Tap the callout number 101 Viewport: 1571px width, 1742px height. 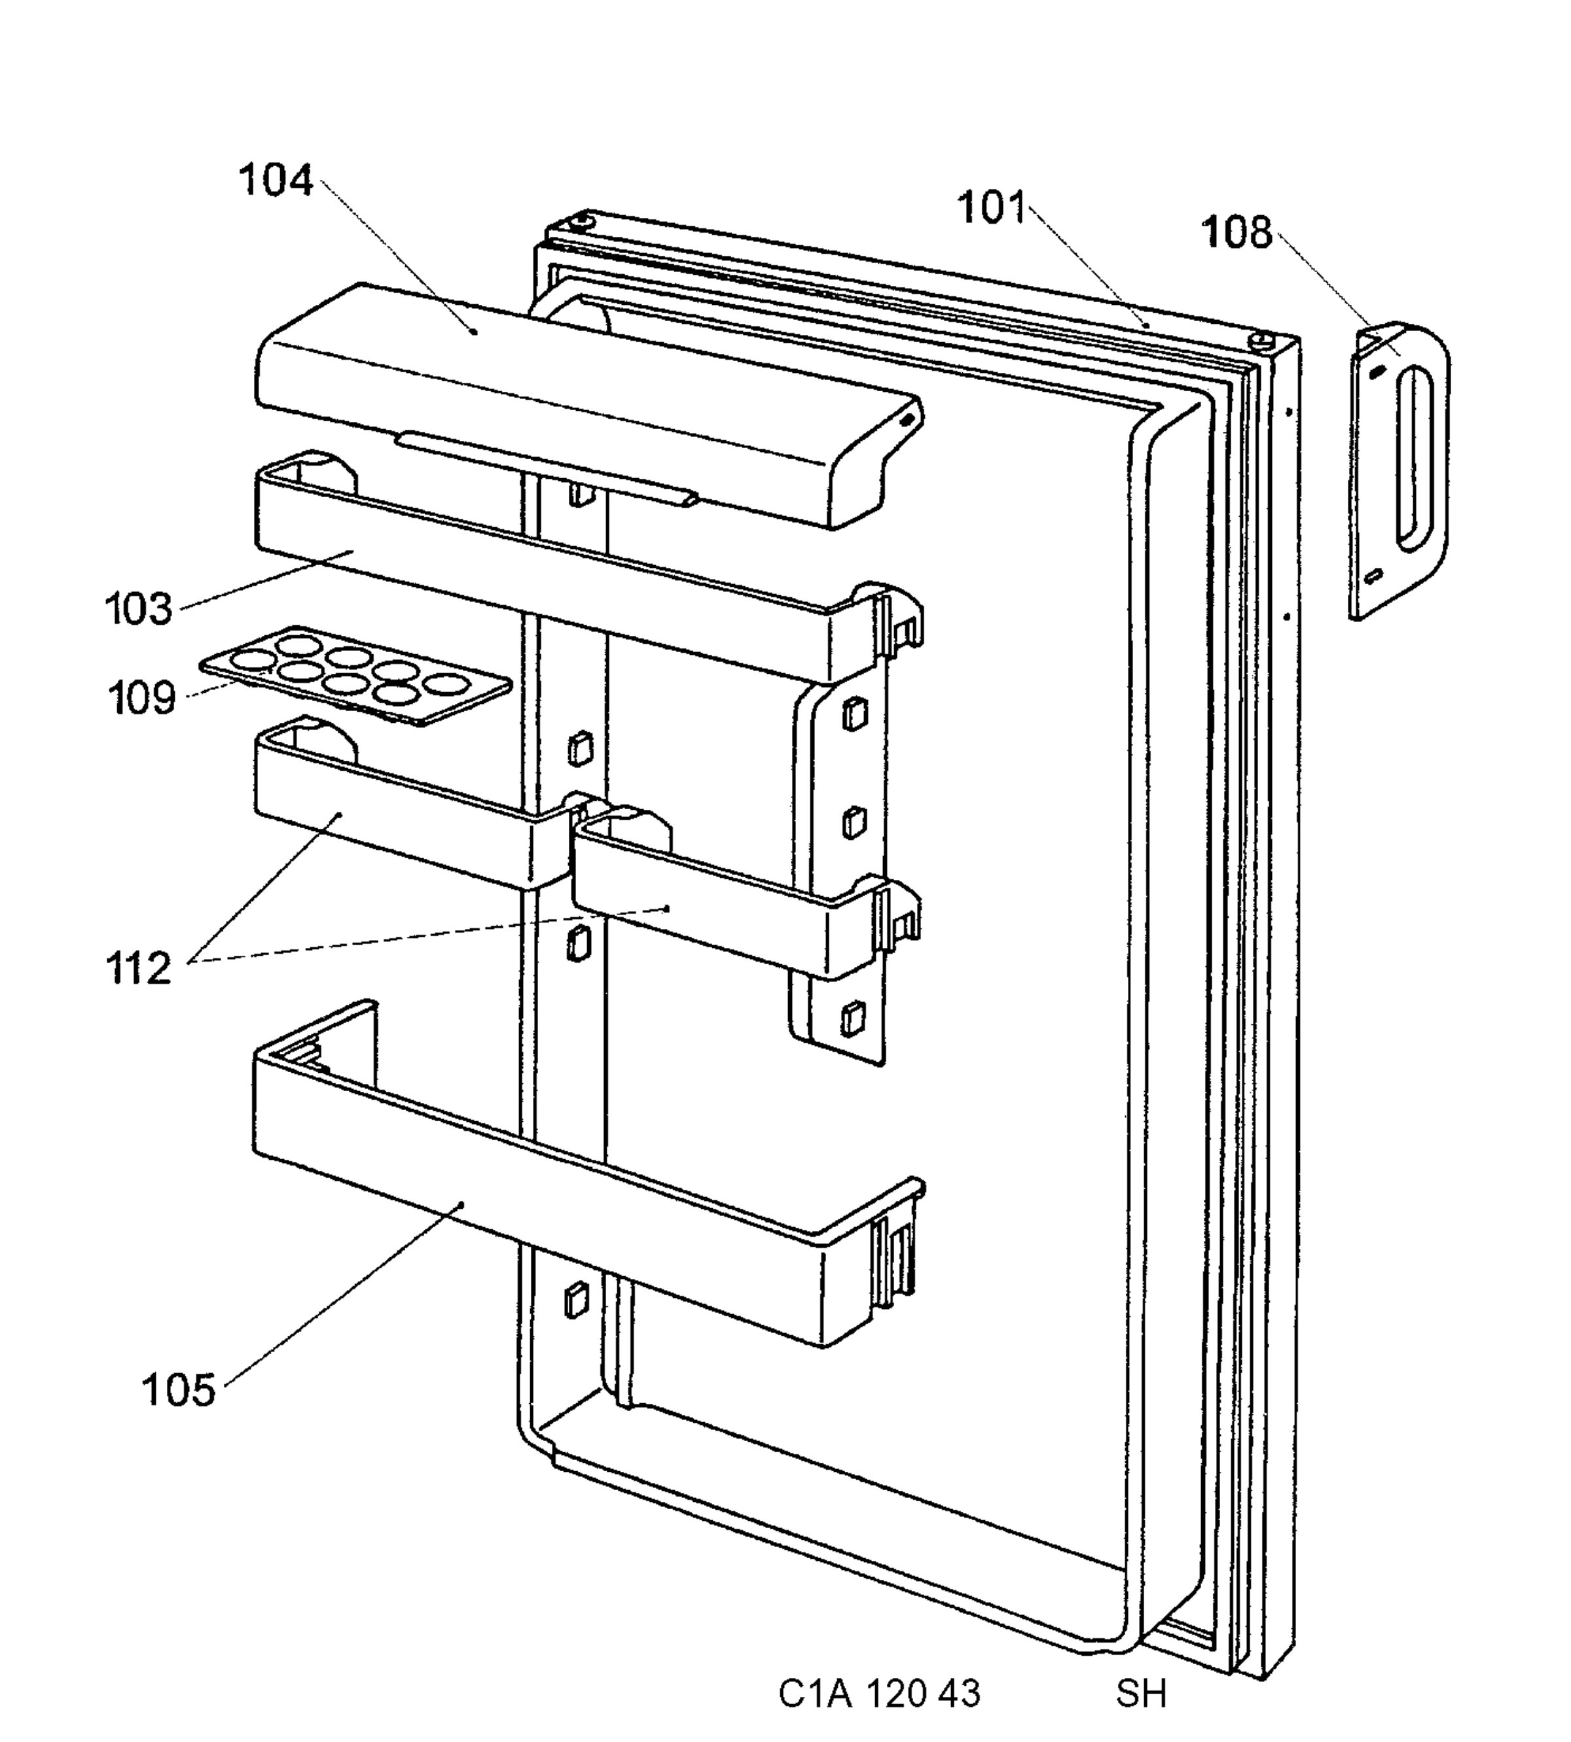point(992,208)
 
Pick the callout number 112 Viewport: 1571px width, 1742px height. point(139,969)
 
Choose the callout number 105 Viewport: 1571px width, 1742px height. point(179,1390)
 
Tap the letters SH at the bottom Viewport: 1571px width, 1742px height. point(1141,1694)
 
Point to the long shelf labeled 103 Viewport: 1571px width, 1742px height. point(587,570)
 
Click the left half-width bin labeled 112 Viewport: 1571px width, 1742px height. point(406,807)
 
